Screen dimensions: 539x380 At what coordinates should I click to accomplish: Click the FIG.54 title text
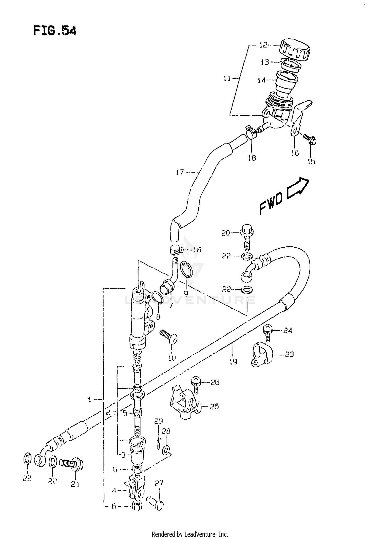pos(55,31)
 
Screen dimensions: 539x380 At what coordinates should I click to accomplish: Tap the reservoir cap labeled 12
pos(295,50)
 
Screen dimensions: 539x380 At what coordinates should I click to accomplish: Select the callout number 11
pos(227,79)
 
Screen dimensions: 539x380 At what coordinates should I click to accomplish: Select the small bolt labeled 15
pos(310,139)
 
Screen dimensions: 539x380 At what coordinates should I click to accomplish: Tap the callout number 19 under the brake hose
pos(233,362)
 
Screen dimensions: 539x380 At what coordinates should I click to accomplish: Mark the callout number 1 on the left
pos(89,400)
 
